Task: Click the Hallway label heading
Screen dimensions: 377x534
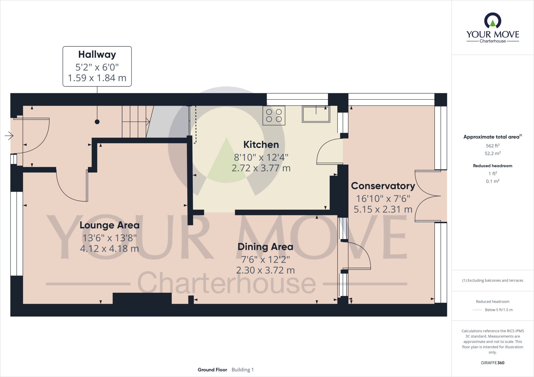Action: [97, 55]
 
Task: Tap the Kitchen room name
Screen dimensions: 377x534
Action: [261, 144]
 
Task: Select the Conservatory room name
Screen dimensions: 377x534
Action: [383, 186]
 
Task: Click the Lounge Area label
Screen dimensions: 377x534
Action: [110, 225]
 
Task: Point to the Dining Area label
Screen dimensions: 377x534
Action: [265, 247]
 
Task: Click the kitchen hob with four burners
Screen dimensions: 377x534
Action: [274, 116]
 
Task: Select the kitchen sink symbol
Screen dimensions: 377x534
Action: [316, 114]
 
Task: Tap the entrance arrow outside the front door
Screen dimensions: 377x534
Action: [9, 136]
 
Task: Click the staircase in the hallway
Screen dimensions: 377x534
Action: [134, 122]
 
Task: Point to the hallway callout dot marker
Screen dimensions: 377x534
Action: [97, 122]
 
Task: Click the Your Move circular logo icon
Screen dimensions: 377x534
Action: [493, 21]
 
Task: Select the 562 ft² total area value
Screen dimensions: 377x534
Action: [493, 146]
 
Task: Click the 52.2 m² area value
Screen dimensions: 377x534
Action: [493, 153]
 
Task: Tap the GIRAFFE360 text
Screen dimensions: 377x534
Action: [493, 363]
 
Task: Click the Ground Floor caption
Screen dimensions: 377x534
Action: [212, 370]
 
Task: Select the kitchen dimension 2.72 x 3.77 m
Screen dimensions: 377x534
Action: [261, 168]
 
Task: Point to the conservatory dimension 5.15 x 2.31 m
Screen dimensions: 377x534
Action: [383, 209]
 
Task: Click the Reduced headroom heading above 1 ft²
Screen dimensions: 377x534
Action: [493, 166]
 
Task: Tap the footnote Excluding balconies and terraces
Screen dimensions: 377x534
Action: [493, 280]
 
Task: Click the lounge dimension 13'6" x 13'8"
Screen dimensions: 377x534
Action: [110, 238]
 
